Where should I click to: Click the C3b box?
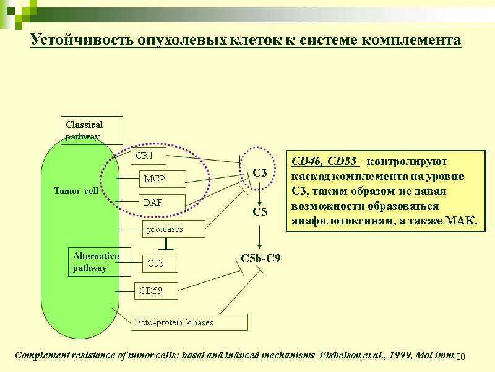click(160, 263)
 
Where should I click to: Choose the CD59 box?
click(157, 290)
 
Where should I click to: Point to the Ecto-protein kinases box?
click(189, 322)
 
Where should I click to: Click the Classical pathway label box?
click(92, 130)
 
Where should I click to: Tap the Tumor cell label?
click(76, 191)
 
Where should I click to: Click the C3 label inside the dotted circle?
click(259, 174)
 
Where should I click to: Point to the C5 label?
click(260, 212)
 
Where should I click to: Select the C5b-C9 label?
click(260, 258)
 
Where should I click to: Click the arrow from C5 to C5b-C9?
click(260, 235)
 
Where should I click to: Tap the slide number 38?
click(460, 358)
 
